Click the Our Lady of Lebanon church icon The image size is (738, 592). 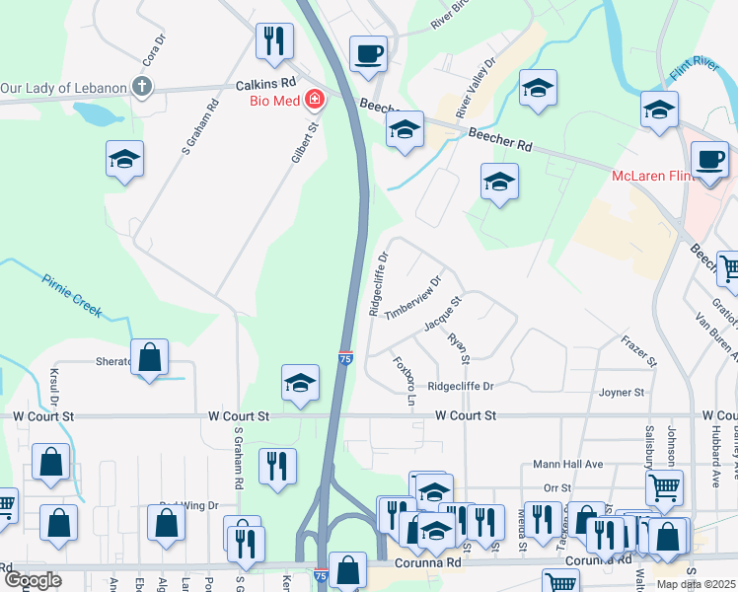(142, 87)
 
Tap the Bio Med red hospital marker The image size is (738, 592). (315, 99)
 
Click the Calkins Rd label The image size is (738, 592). (266, 85)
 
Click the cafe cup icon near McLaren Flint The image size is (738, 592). (709, 160)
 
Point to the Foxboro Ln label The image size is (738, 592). (404, 383)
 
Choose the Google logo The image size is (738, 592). (33, 579)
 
